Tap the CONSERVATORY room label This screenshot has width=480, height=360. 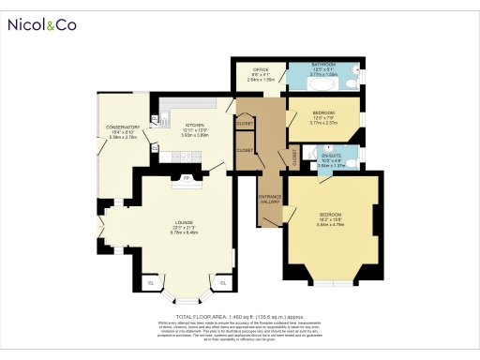coord(123,131)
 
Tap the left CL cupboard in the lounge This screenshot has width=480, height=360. coord(151,281)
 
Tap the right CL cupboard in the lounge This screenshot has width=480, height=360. coord(223,281)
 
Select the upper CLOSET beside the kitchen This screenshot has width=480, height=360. coord(245,123)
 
